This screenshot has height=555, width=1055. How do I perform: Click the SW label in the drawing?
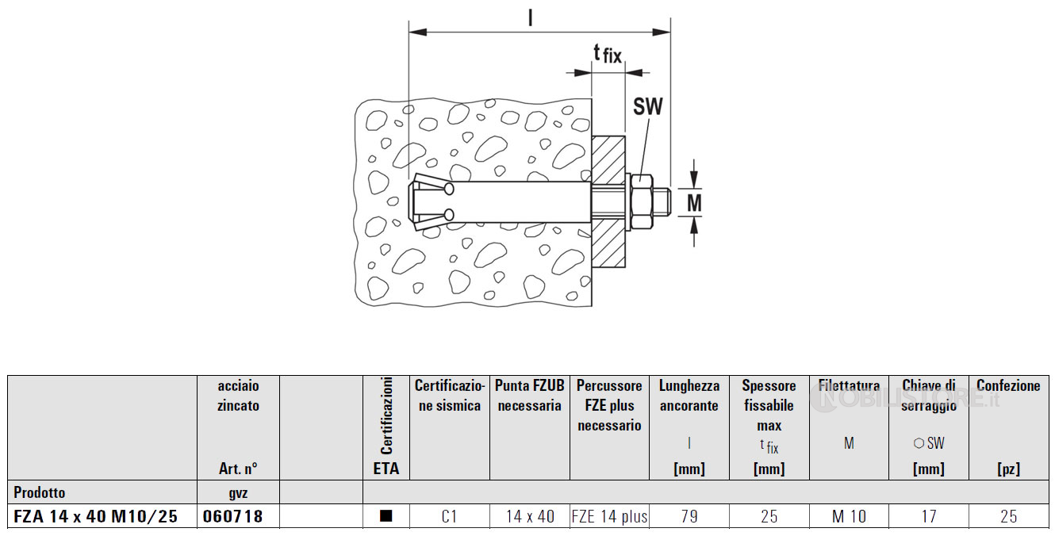(x=647, y=106)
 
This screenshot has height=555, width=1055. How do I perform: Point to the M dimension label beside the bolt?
(x=694, y=203)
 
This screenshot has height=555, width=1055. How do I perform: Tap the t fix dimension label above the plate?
(x=608, y=54)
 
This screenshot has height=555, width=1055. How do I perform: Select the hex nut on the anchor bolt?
(x=642, y=202)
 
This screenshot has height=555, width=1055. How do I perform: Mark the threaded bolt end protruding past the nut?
(x=662, y=202)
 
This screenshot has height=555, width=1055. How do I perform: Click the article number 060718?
(x=232, y=516)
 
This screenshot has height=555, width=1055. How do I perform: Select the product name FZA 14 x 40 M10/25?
(x=96, y=516)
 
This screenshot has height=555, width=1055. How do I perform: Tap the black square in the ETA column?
(x=386, y=516)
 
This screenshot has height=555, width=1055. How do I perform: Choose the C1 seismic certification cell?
(x=449, y=516)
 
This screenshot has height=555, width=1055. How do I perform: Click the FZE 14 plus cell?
(x=609, y=516)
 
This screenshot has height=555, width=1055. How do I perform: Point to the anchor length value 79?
(x=689, y=516)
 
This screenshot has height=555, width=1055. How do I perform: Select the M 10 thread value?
(x=849, y=516)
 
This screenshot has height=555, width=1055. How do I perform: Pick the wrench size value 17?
(x=929, y=516)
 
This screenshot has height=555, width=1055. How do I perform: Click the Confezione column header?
(x=1008, y=385)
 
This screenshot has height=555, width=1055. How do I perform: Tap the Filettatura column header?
(x=849, y=385)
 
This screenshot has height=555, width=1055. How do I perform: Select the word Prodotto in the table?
(x=40, y=492)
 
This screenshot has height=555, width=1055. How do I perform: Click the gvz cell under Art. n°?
(x=238, y=493)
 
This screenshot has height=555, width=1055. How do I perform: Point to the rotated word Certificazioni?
(x=386, y=416)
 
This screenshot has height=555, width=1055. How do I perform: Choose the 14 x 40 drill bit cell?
(x=530, y=516)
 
